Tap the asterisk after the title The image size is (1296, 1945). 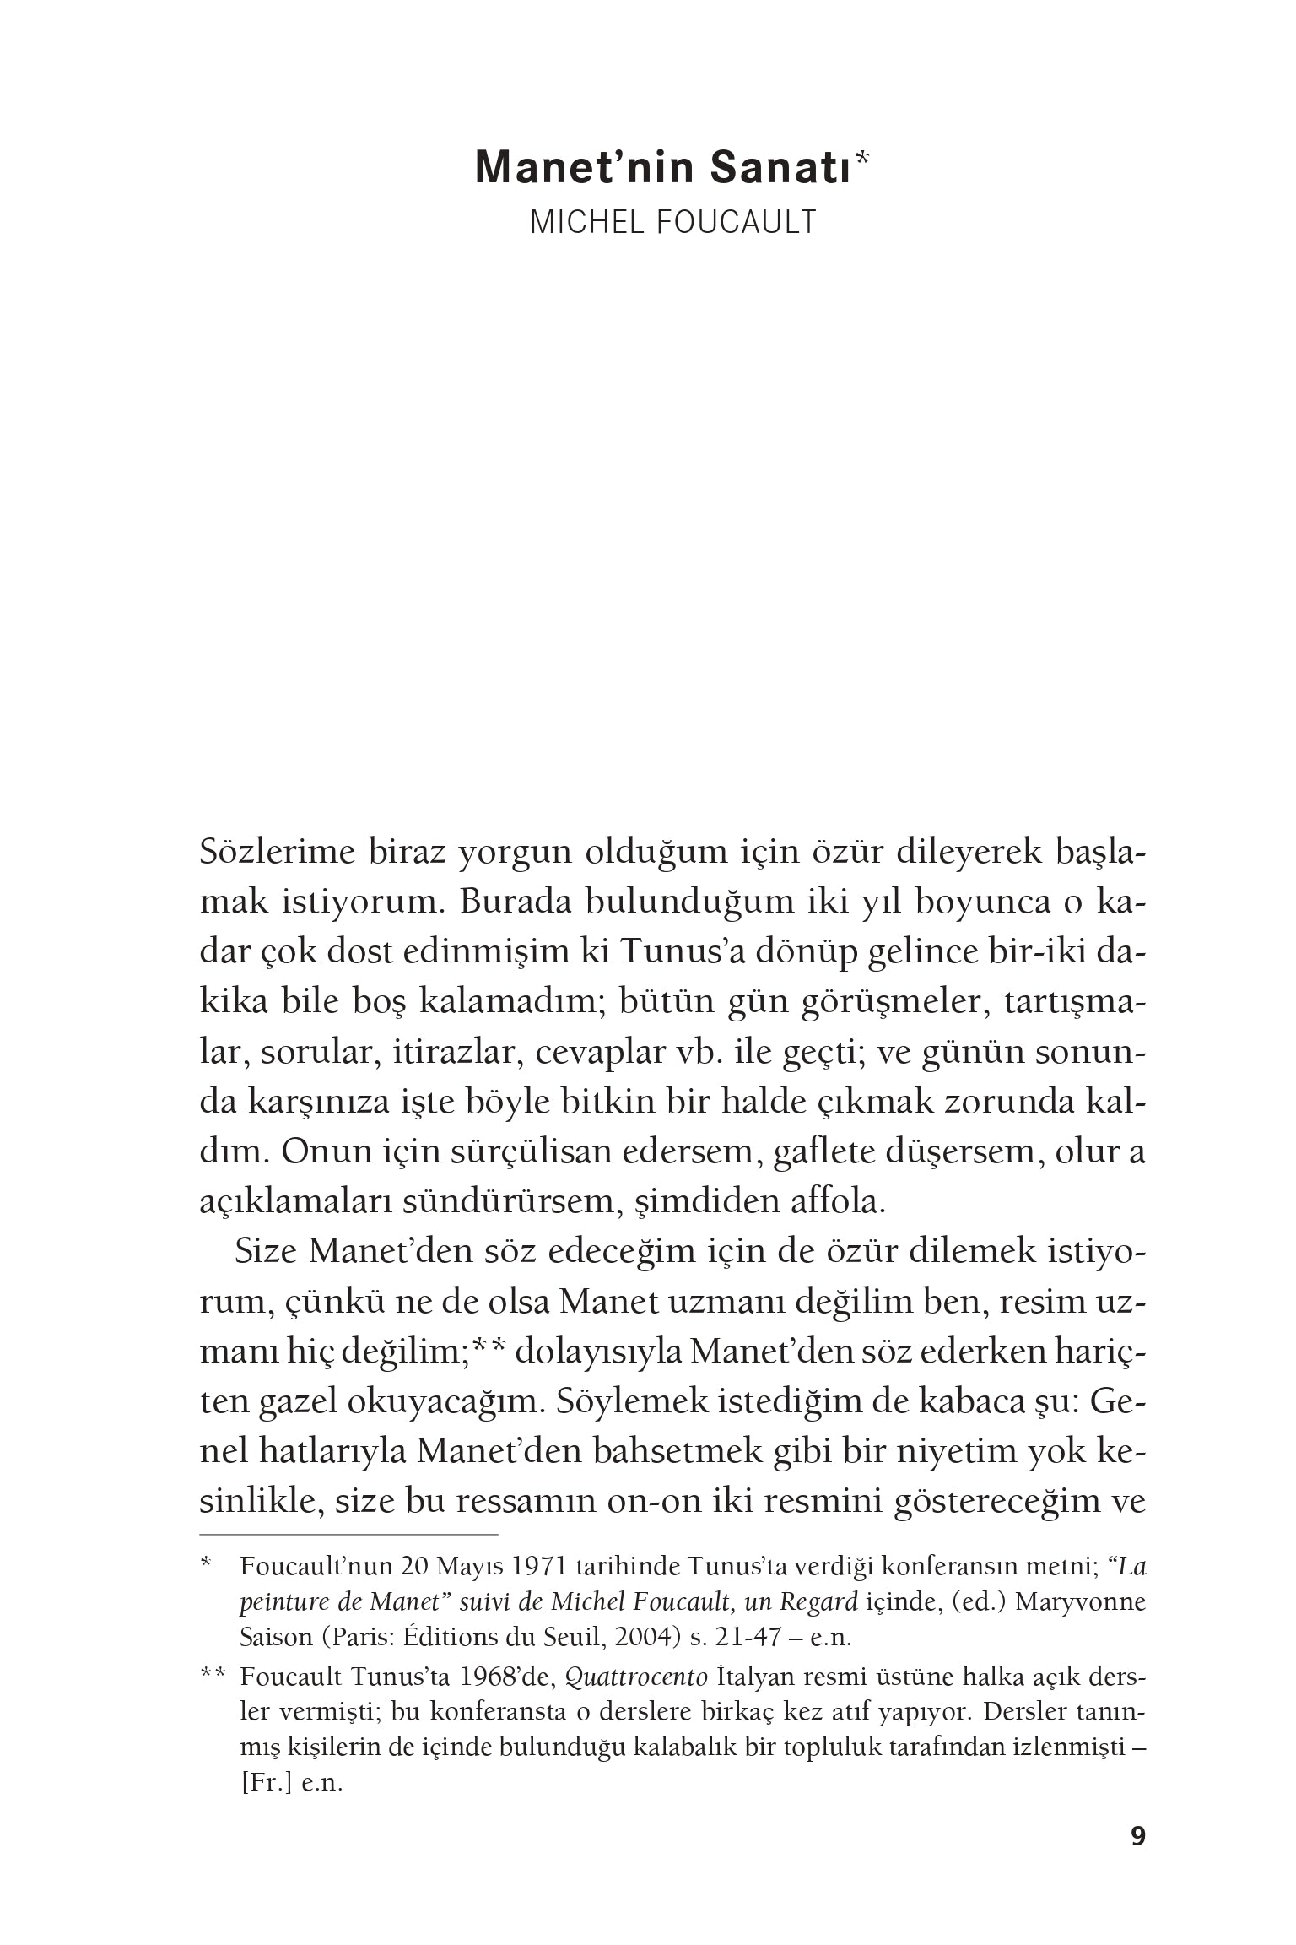pyautogui.click(x=861, y=158)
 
